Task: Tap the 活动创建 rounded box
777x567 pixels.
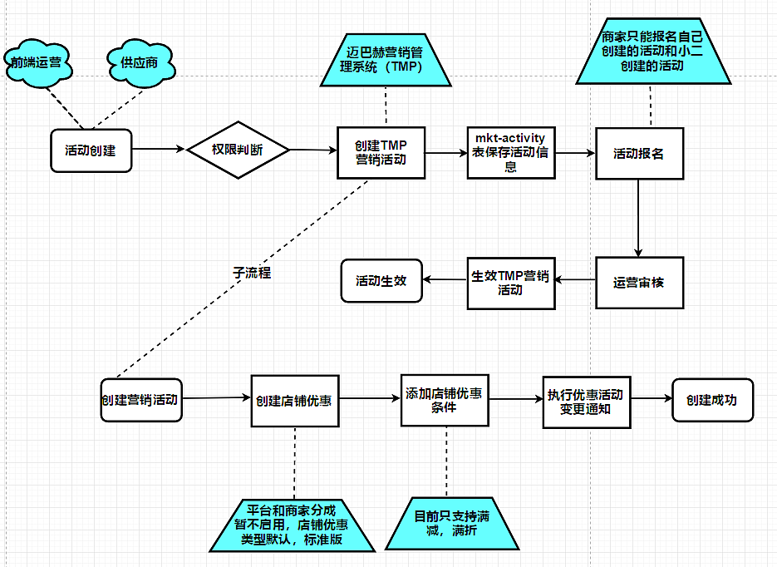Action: click(x=91, y=150)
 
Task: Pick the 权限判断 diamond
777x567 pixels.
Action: click(x=238, y=150)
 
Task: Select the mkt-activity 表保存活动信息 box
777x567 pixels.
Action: click(x=511, y=153)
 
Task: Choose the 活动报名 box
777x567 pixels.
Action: click(x=638, y=154)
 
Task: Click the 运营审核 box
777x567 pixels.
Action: click(x=638, y=282)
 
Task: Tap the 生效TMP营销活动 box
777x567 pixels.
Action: click(x=510, y=283)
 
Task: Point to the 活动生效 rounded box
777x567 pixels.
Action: click(x=381, y=281)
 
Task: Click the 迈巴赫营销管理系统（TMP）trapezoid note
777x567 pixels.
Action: click(x=386, y=61)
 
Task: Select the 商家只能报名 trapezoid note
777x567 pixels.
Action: click(x=652, y=52)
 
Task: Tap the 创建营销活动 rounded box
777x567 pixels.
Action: click(x=140, y=399)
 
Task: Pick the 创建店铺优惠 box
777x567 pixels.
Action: click(x=295, y=400)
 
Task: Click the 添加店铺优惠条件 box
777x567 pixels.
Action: click(x=445, y=399)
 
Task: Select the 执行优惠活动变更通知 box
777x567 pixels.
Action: click(x=585, y=401)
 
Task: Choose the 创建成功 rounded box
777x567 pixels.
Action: click(x=711, y=400)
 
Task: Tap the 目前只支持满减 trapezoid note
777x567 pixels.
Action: click(x=451, y=524)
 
